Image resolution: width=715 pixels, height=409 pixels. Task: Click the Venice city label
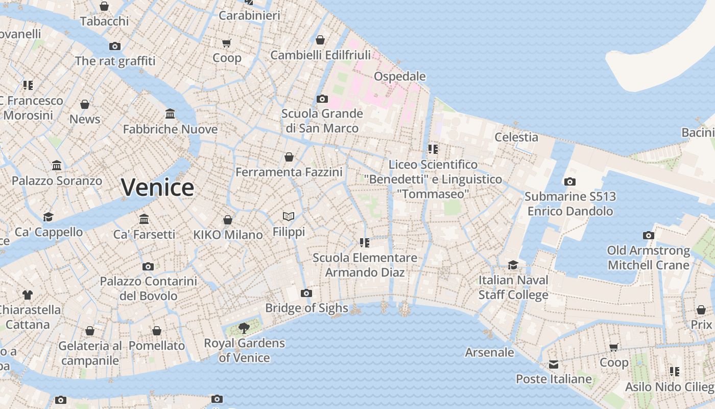pos(157,188)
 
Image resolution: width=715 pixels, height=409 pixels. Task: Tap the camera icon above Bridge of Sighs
pos(306,293)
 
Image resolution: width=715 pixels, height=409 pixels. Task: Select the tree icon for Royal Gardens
pos(244,328)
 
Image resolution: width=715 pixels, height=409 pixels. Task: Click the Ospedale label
pos(400,76)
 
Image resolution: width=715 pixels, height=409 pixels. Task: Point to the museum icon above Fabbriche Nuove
pos(170,113)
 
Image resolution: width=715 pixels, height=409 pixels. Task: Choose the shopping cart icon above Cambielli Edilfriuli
pos(320,40)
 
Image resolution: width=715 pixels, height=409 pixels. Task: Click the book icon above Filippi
pos(289,216)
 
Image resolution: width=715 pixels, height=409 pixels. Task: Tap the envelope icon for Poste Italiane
pos(554,365)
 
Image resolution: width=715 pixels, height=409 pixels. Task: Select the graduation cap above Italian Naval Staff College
pos(513,265)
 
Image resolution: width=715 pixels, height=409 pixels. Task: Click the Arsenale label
pos(489,352)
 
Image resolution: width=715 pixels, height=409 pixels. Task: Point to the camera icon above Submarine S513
pos(570,181)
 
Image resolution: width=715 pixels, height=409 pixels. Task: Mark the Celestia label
pos(516,137)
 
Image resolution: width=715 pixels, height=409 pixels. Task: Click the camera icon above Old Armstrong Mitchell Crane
pos(649,236)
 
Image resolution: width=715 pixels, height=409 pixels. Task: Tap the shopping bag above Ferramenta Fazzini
pos(289,157)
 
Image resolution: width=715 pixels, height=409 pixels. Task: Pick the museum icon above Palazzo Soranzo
pos(57,166)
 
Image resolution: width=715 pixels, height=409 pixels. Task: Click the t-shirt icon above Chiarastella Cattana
pos(27,295)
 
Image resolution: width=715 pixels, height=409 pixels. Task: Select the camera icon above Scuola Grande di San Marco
pos(322,99)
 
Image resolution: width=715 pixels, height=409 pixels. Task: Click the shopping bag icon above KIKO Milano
pos(228,220)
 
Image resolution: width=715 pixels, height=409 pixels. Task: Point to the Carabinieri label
pos(249,15)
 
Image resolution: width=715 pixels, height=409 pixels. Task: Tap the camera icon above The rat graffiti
pos(115,47)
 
